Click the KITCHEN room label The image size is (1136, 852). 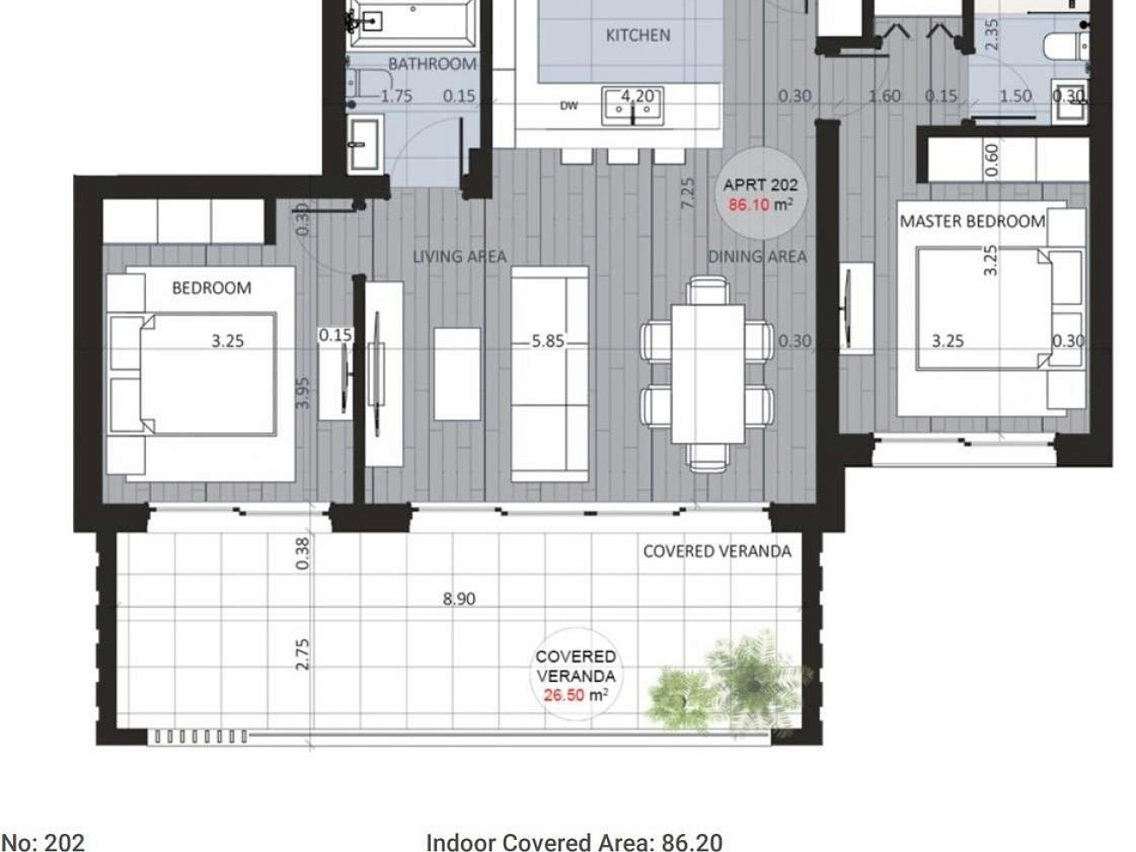637,36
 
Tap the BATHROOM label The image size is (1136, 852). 433,64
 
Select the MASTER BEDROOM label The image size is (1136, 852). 973,221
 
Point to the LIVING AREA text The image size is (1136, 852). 459,256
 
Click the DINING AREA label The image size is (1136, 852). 757,256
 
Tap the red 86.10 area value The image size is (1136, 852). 749,205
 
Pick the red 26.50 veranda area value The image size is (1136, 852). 565,695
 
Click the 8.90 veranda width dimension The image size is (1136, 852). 459,599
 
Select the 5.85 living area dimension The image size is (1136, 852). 548,341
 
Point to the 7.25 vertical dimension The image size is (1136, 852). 688,194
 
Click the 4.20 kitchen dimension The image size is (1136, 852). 637,96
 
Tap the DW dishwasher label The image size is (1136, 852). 569,106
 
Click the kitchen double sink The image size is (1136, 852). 632,106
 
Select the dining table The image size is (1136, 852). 708,374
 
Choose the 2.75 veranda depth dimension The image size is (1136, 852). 302,654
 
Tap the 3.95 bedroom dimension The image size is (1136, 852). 302,393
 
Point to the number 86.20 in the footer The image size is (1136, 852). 692,842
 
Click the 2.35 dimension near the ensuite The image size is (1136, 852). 992,34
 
